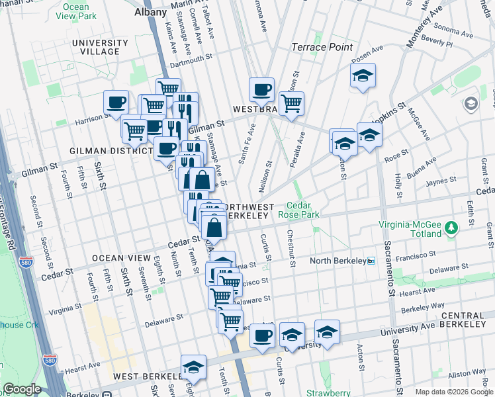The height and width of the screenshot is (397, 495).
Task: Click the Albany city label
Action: [150, 12]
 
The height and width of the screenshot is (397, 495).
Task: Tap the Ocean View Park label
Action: [77, 12]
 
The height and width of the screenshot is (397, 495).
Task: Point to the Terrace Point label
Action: [323, 48]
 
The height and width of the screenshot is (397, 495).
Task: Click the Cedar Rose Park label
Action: [302, 210]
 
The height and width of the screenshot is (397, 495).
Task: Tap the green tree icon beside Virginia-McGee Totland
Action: [452, 228]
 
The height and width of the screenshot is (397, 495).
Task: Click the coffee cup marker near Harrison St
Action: [116, 103]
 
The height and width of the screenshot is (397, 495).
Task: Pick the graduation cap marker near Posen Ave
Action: [363, 76]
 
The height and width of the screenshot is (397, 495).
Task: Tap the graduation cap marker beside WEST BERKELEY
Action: [193, 367]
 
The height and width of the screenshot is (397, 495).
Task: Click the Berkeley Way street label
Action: [418, 308]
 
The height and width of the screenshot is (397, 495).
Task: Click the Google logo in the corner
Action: [22, 389]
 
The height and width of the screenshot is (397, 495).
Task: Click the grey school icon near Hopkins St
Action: [471, 103]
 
